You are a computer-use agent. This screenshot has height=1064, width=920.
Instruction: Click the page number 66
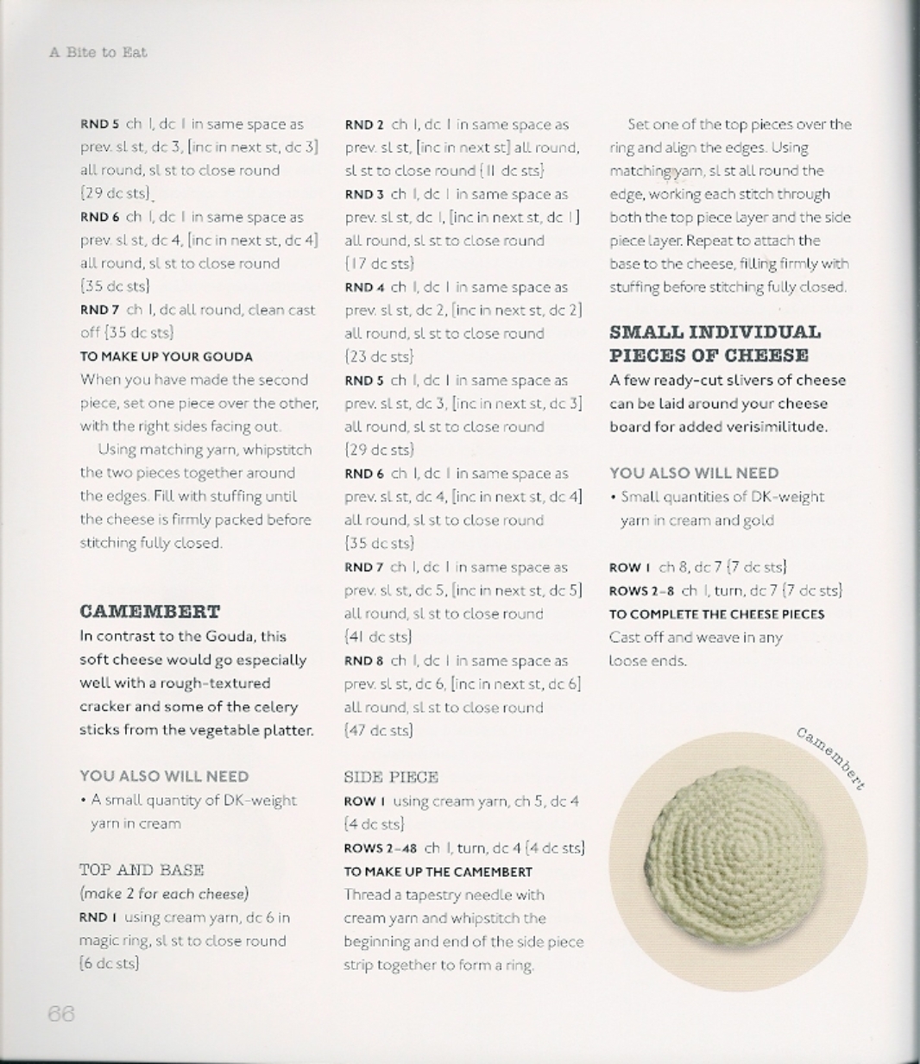click(x=61, y=1014)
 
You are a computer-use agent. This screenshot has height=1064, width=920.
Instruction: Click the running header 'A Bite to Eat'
click(x=98, y=53)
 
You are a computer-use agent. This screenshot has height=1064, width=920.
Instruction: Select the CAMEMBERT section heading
click(x=150, y=612)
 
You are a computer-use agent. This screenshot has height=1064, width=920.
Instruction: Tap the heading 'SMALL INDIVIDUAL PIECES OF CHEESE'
click(x=715, y=343)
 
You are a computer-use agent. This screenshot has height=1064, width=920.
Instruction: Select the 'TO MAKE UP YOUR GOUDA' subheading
click(x=167, y=356)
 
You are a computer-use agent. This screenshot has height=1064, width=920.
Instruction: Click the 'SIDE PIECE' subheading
click(x=391, y=777)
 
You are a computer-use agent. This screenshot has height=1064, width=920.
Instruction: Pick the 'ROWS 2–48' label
click(x=381, y=848)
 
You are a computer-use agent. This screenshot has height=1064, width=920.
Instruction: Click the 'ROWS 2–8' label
click(x=642, y=591)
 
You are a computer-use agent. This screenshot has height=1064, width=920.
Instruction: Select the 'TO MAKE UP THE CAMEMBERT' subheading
click(x=438, y=872)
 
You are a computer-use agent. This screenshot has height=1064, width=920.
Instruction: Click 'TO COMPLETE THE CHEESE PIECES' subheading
click(x=717, y=614)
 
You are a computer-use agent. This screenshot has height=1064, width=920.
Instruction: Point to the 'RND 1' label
click(x=98, y=917)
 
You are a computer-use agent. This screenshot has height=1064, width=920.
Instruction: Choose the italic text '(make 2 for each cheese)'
click(x=164, y=893)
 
